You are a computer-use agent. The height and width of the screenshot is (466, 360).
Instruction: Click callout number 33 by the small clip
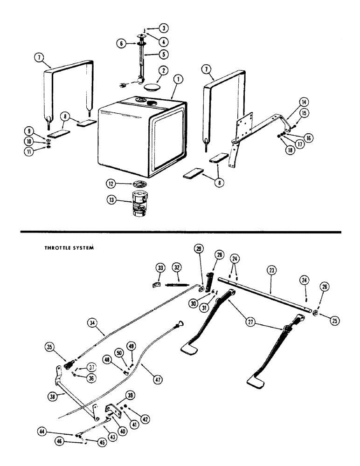(x=160, y=268)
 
